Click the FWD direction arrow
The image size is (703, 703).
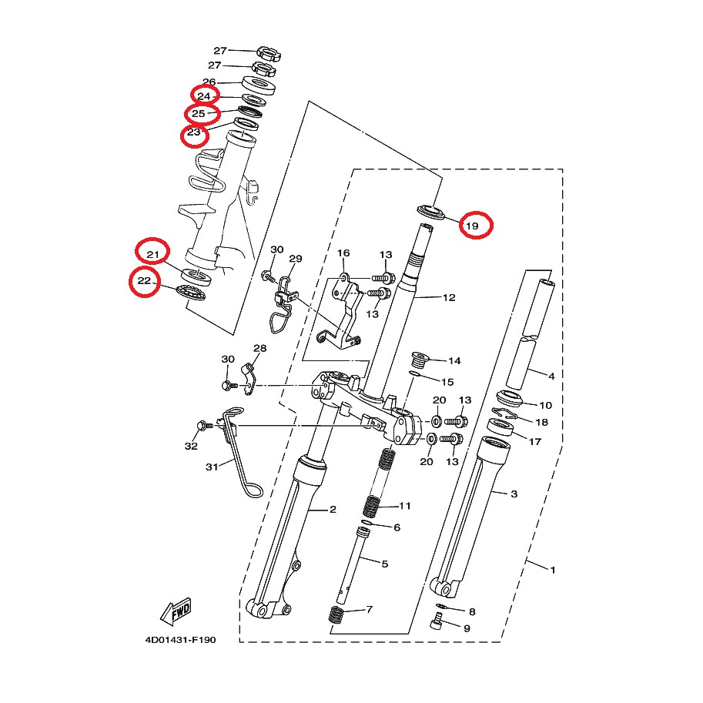176,611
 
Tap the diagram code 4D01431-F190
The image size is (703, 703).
180,640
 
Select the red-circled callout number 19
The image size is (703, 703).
472,226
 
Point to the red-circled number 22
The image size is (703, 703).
144,281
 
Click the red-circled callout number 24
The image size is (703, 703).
204,96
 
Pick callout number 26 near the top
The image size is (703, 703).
209,82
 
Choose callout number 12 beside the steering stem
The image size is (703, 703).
449,297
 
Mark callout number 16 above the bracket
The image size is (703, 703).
343,253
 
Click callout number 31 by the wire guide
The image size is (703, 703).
212,467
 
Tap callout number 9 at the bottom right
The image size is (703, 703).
467,628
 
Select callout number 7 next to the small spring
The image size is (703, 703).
369,609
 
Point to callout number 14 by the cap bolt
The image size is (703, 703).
454,361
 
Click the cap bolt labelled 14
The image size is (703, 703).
420,359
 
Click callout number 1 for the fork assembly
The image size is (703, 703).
553,571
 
